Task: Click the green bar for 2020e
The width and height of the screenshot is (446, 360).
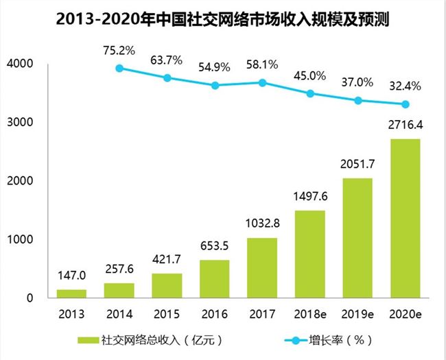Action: click(x=405, y=218)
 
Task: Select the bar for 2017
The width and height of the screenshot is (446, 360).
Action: click(x=262, y=267)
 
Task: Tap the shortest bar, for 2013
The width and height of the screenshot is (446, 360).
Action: click(x=71, y=293)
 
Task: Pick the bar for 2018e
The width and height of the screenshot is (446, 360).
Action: click(x=310, y=254)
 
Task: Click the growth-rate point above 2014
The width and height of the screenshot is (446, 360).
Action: click(x=119, y=68)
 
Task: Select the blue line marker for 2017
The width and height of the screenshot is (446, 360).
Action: click(x=262, y=82)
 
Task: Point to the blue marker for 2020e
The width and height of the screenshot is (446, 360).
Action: click(x=405, y=104)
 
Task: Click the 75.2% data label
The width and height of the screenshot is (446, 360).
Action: click(x=120, y=49)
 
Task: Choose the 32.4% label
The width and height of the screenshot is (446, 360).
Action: click(x=405, y=87)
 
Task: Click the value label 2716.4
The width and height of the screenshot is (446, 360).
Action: click(x=405, y=127)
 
